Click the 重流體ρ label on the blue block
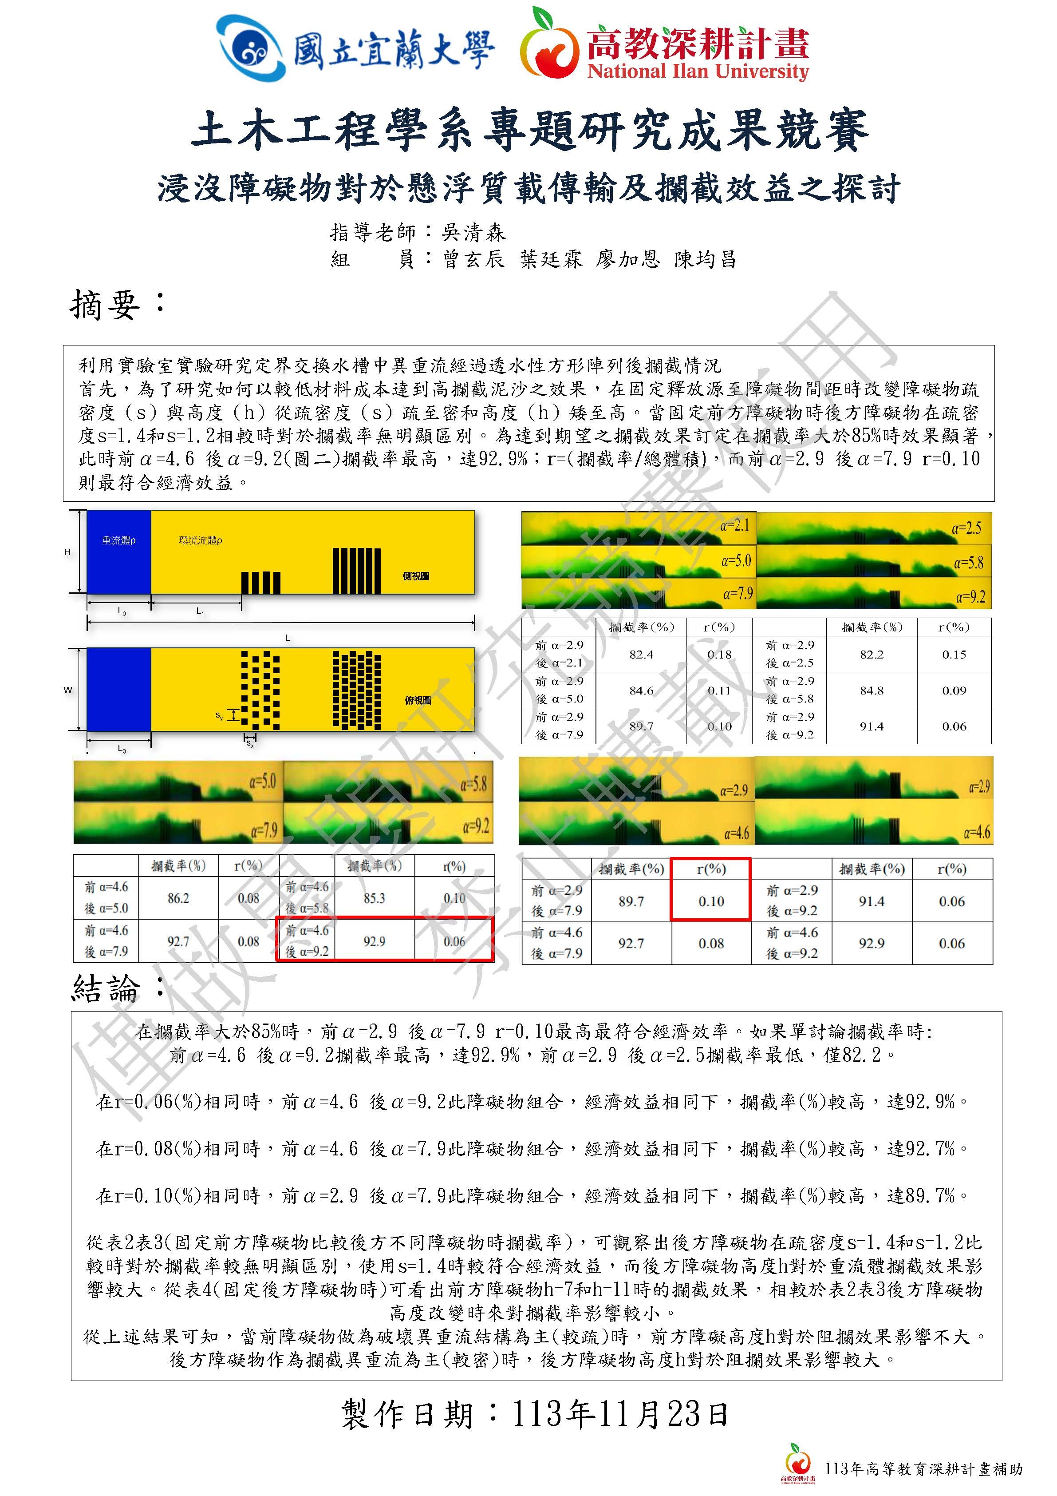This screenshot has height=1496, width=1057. [118, 540]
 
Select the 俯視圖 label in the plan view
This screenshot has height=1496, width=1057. [418, 700]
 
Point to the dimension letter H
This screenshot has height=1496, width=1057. [67, 552]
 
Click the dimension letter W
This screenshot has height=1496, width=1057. [68, 690]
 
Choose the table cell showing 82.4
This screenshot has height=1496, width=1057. [641, 654]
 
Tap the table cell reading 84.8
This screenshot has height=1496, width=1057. [872, 690]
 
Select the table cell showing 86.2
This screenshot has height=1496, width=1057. [178, 898]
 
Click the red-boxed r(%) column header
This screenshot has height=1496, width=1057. [710, 869]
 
